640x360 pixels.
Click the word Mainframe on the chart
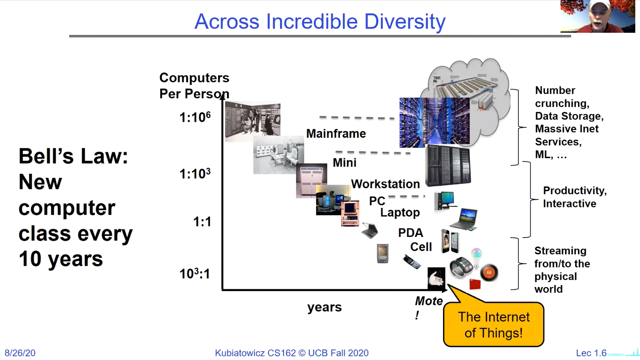pyautogui.click(x=336, y=134)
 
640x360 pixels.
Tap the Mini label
pyautogui.click(x=344, y=163)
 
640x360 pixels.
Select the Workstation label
pyautogui.click(x=385, y=184)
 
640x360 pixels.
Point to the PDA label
pyautogui.click(x=410, y=233)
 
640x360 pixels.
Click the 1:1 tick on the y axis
pyautogui.click(x=202, y=222)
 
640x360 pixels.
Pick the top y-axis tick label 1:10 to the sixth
pyautogui.click(x=195, y=117)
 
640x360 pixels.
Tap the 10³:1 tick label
pyautogui.click(x=195, y=273)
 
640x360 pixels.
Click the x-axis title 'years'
pyautogui.click(x=324, y=307)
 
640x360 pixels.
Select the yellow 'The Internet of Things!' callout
pyautogui.click(x=493, y=324)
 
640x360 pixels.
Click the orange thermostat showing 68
pyautogui.click(x=489, y=272)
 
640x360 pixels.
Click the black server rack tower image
pyautogui.click(x=448, y=165)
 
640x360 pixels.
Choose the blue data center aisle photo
pyautogui.click(x=434, y=122)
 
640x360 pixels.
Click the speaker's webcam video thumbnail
pyautogui.click(x=598, y=16)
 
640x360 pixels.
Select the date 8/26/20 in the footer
pyautogui.click(x=20, y=353)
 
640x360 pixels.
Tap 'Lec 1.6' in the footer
pyautogui.click(x=591, y=353)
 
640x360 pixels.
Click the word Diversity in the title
pyautogui.click(x=405, y=22)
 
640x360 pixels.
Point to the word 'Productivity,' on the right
pyautogui.click(x=575, y=191)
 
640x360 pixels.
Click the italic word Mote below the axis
pyautogui.click(x=429, y=301)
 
